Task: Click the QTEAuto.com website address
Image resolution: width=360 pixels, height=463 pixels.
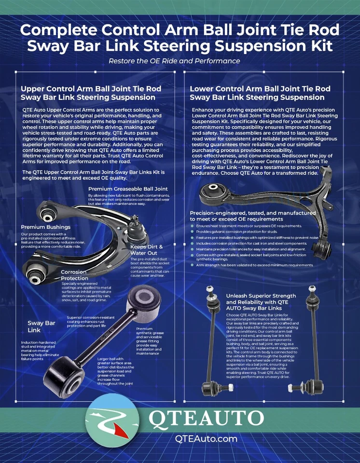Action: [x=206, y=438]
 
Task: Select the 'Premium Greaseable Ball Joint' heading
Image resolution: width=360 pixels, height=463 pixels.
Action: [x=128, y=188]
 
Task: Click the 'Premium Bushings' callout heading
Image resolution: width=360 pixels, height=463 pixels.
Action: [x=45, y=227]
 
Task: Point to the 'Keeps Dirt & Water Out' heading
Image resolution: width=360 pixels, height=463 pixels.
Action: [x=147, y=250]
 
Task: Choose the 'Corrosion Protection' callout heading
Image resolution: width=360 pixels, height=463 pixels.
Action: [x=74, y=275]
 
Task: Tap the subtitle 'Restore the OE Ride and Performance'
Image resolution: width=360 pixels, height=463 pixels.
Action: [x=174, y=61]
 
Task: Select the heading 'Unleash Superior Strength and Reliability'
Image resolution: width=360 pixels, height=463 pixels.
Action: [x=261, y=302]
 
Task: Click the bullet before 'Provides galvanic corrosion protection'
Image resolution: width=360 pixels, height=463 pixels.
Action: [x=193, y=232]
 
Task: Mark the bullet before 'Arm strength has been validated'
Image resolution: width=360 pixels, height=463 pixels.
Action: [x=193, y=265]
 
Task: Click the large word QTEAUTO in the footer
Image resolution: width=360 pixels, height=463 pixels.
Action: [x=206, y=419]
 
